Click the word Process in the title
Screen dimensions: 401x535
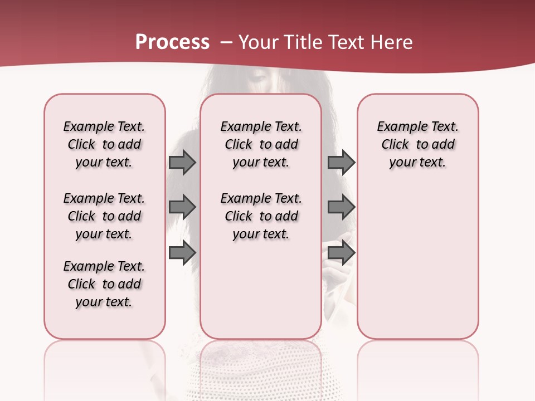pos(172,42)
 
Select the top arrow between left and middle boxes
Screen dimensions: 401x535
pos(182,163)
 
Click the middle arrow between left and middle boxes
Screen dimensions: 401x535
pos(182,207)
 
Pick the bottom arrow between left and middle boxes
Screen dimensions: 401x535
pos(182,253)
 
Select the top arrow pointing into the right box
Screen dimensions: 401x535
pos(341,163)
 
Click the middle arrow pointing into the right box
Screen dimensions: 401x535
pos(341,207)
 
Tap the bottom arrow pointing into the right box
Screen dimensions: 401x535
pos(341,253)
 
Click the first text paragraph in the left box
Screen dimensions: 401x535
pos(104,144)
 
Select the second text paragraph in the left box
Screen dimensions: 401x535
pos(104,216)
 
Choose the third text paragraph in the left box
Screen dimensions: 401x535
pos(104,284)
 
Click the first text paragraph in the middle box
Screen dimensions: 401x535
pos(261,144)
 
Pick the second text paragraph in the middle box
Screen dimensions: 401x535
pos(261,216)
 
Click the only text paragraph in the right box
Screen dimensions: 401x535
pos(417,144)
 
